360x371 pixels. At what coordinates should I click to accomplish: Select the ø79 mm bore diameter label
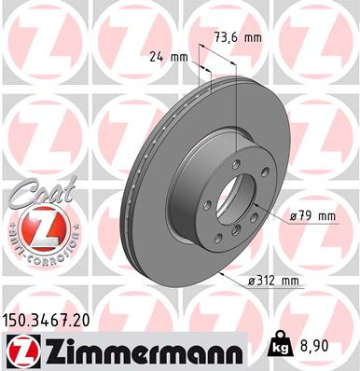(x=312, y=216)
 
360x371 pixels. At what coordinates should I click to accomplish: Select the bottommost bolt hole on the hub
(x=235, y=234)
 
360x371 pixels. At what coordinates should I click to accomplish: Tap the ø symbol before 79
(x=293, y=216)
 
